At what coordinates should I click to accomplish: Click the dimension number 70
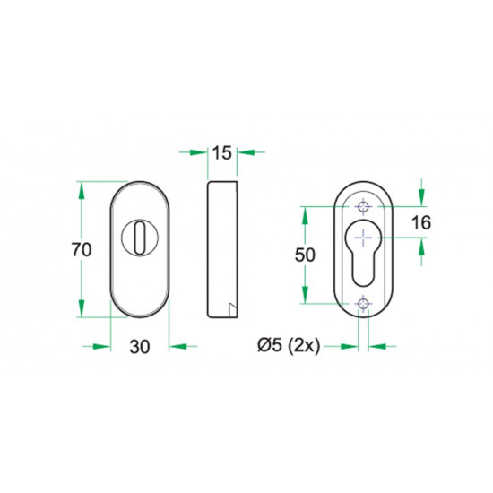point(82,250)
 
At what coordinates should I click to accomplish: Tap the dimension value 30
point(140,347)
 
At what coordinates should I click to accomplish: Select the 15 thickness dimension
point(222,153)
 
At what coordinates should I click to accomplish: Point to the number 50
point(305,255)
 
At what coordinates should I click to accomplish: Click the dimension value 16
point(421,222)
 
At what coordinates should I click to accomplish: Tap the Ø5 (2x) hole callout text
point(289,346)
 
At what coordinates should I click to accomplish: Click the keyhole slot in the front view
point(140,238)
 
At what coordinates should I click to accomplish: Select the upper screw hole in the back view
point(363,207)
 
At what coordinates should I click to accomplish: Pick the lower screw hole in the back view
point(363,304)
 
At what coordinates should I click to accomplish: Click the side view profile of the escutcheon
point(222,249)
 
